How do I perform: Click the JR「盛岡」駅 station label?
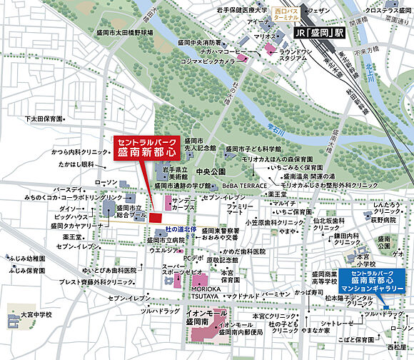(x=321, y=34)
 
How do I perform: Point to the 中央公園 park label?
(x=211, y=172)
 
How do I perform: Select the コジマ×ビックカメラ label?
(x=209, y=62)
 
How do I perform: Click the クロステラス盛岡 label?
(x=390, y=11)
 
